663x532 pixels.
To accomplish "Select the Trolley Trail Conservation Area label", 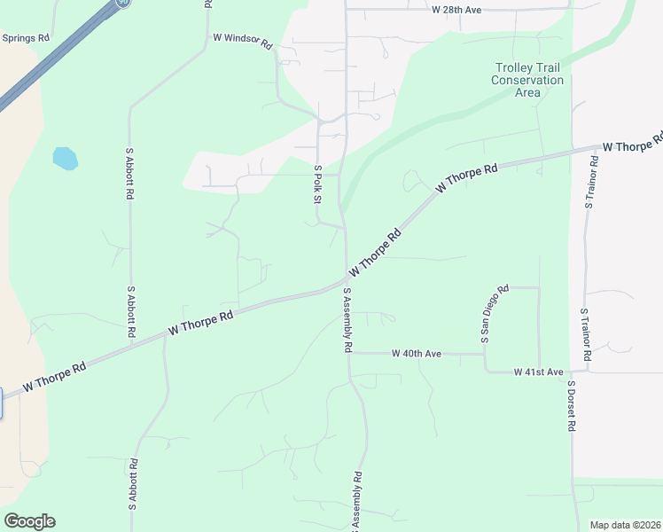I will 528,80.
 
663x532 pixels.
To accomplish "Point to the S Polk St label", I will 317,183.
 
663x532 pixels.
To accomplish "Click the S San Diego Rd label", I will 494,313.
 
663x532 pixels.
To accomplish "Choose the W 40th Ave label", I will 417,353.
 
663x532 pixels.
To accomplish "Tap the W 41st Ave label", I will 538,372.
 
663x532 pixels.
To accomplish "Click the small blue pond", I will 65,159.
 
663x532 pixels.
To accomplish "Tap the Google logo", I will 29,521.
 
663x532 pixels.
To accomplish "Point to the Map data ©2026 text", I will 625,525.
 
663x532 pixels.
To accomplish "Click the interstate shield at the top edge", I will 121,3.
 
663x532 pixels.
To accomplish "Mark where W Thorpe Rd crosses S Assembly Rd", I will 347,281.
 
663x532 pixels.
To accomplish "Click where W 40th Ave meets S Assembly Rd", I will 349,353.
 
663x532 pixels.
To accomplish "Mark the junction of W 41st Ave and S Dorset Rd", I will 572,372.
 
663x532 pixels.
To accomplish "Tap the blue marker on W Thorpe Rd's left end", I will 1,403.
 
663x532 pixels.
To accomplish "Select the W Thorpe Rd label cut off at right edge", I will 633,144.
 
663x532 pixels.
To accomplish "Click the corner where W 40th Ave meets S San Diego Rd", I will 485,354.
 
